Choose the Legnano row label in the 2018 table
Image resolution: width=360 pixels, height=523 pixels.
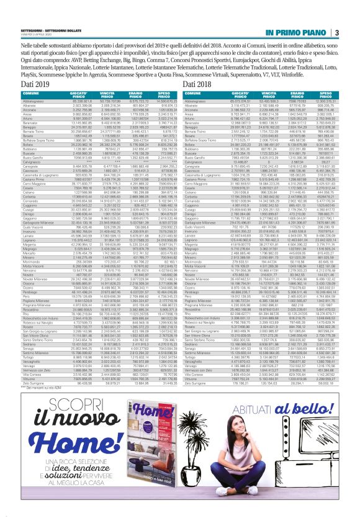coord(191,218)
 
